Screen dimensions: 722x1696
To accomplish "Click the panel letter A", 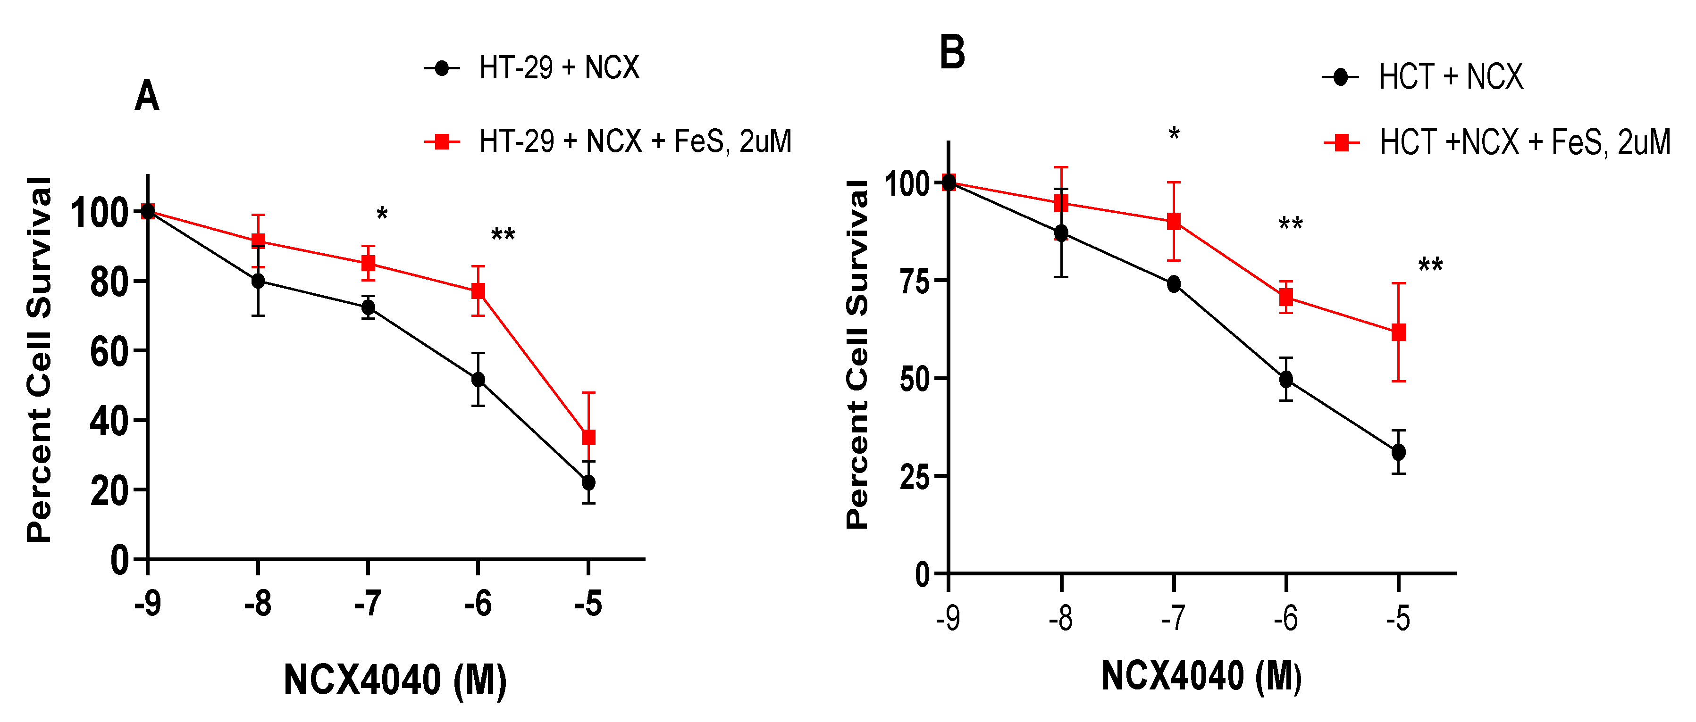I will [x=147, y=97].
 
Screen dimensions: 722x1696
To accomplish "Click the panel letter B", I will [x=952, y=53].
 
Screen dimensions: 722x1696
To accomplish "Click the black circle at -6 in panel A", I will [x=479, y=380].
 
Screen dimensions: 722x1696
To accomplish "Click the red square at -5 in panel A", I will [x=588, y=437].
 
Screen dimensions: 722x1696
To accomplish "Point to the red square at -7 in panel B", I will [x=1174, y=221].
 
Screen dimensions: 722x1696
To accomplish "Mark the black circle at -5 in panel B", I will [x=1398, y=452].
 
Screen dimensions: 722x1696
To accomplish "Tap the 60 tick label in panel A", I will [x=109, y=351].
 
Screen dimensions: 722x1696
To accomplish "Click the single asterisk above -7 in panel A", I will [x=382, y=214].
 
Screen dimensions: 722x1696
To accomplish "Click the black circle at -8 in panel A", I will [x=258, y=281].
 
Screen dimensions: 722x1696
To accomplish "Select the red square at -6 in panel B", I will [x=1286, y=297].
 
